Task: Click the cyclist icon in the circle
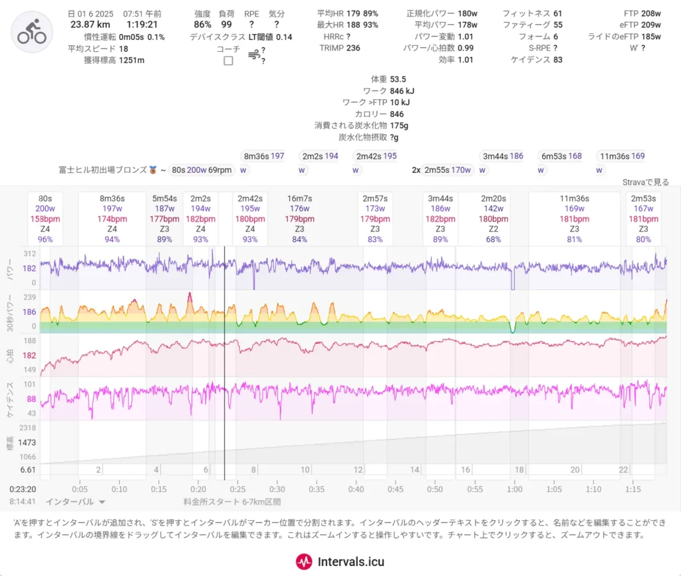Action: (31, 32)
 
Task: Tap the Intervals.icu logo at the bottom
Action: (340, 561)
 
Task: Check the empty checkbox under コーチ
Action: (228, 61)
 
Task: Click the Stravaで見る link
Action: (645, 182)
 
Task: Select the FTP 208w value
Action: (651, 13)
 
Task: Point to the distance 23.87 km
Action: (91, 25)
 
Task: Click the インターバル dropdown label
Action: (74, 502)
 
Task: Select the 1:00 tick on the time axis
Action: (514, 490)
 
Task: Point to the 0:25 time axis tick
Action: (237, 490)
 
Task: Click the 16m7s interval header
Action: (300, 198)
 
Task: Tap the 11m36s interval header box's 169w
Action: (574, 209)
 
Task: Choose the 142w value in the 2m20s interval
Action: (493, 209)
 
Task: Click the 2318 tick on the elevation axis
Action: (27, 428)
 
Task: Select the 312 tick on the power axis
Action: (29, 253)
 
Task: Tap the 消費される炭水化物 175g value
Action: (399, 125)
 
